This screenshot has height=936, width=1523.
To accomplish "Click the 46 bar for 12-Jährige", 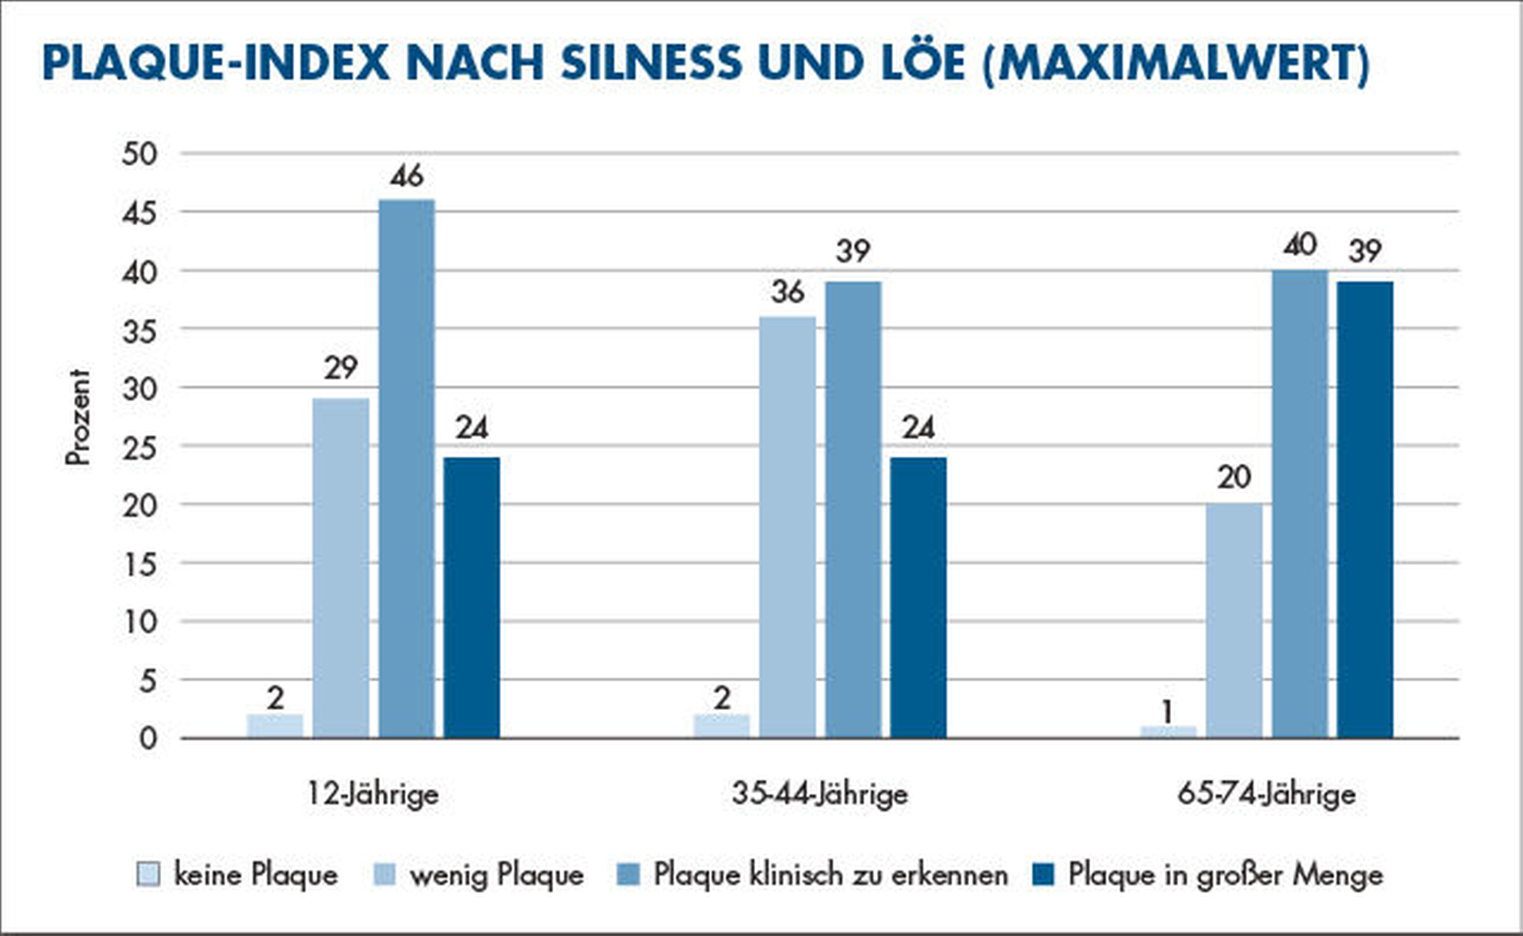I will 406,468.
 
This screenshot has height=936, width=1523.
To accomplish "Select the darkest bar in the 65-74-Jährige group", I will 1365,510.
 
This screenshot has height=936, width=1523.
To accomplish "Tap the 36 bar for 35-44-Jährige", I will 788,526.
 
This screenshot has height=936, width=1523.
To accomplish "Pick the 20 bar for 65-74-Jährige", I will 1234,620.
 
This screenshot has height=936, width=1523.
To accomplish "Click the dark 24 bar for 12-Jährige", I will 471,597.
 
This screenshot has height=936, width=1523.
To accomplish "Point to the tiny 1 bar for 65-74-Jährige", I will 1168,732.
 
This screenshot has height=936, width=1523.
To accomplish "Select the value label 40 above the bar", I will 1299,244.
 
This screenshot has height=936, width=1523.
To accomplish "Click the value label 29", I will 341,368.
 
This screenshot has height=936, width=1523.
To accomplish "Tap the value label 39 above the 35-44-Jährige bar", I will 853,252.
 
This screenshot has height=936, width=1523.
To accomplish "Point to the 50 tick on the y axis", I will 140,154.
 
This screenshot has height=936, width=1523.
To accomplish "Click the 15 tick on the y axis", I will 140,564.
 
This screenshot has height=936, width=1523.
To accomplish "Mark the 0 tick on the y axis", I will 148,738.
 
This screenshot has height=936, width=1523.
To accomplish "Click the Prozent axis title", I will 78,417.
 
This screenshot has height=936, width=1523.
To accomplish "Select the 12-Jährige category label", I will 373,794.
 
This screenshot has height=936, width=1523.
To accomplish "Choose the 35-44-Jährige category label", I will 819,794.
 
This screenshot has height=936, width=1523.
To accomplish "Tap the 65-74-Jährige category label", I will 1266,794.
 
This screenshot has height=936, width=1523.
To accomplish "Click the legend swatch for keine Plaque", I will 148,873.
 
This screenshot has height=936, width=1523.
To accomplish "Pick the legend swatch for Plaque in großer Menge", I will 1043,873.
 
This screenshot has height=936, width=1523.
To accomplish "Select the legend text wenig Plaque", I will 496,874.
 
